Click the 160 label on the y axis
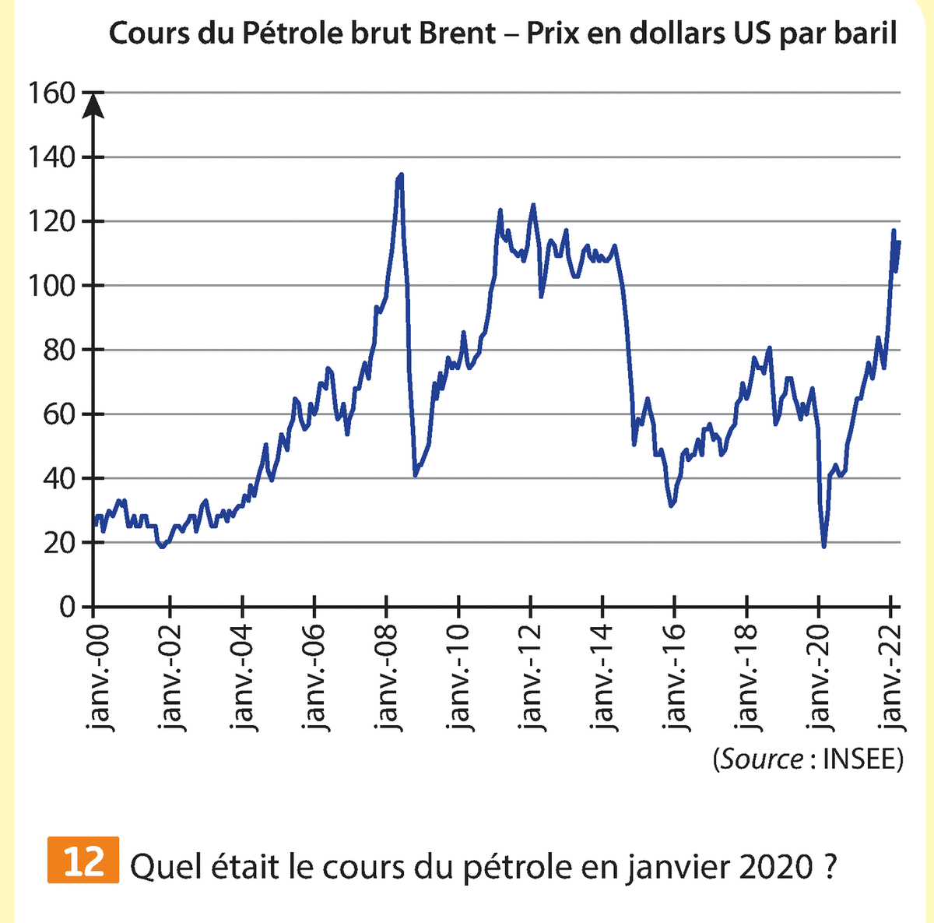[x=51, y=93]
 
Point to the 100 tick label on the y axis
[x=51, y=286]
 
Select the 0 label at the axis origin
[x=67, y=607]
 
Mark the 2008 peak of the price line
[x=400, y=175]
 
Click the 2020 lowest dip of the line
[x=823, y=546]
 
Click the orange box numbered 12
[x=83, y=860]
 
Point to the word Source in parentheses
[x=762, y=759]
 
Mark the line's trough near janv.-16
[x=672, y=506]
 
